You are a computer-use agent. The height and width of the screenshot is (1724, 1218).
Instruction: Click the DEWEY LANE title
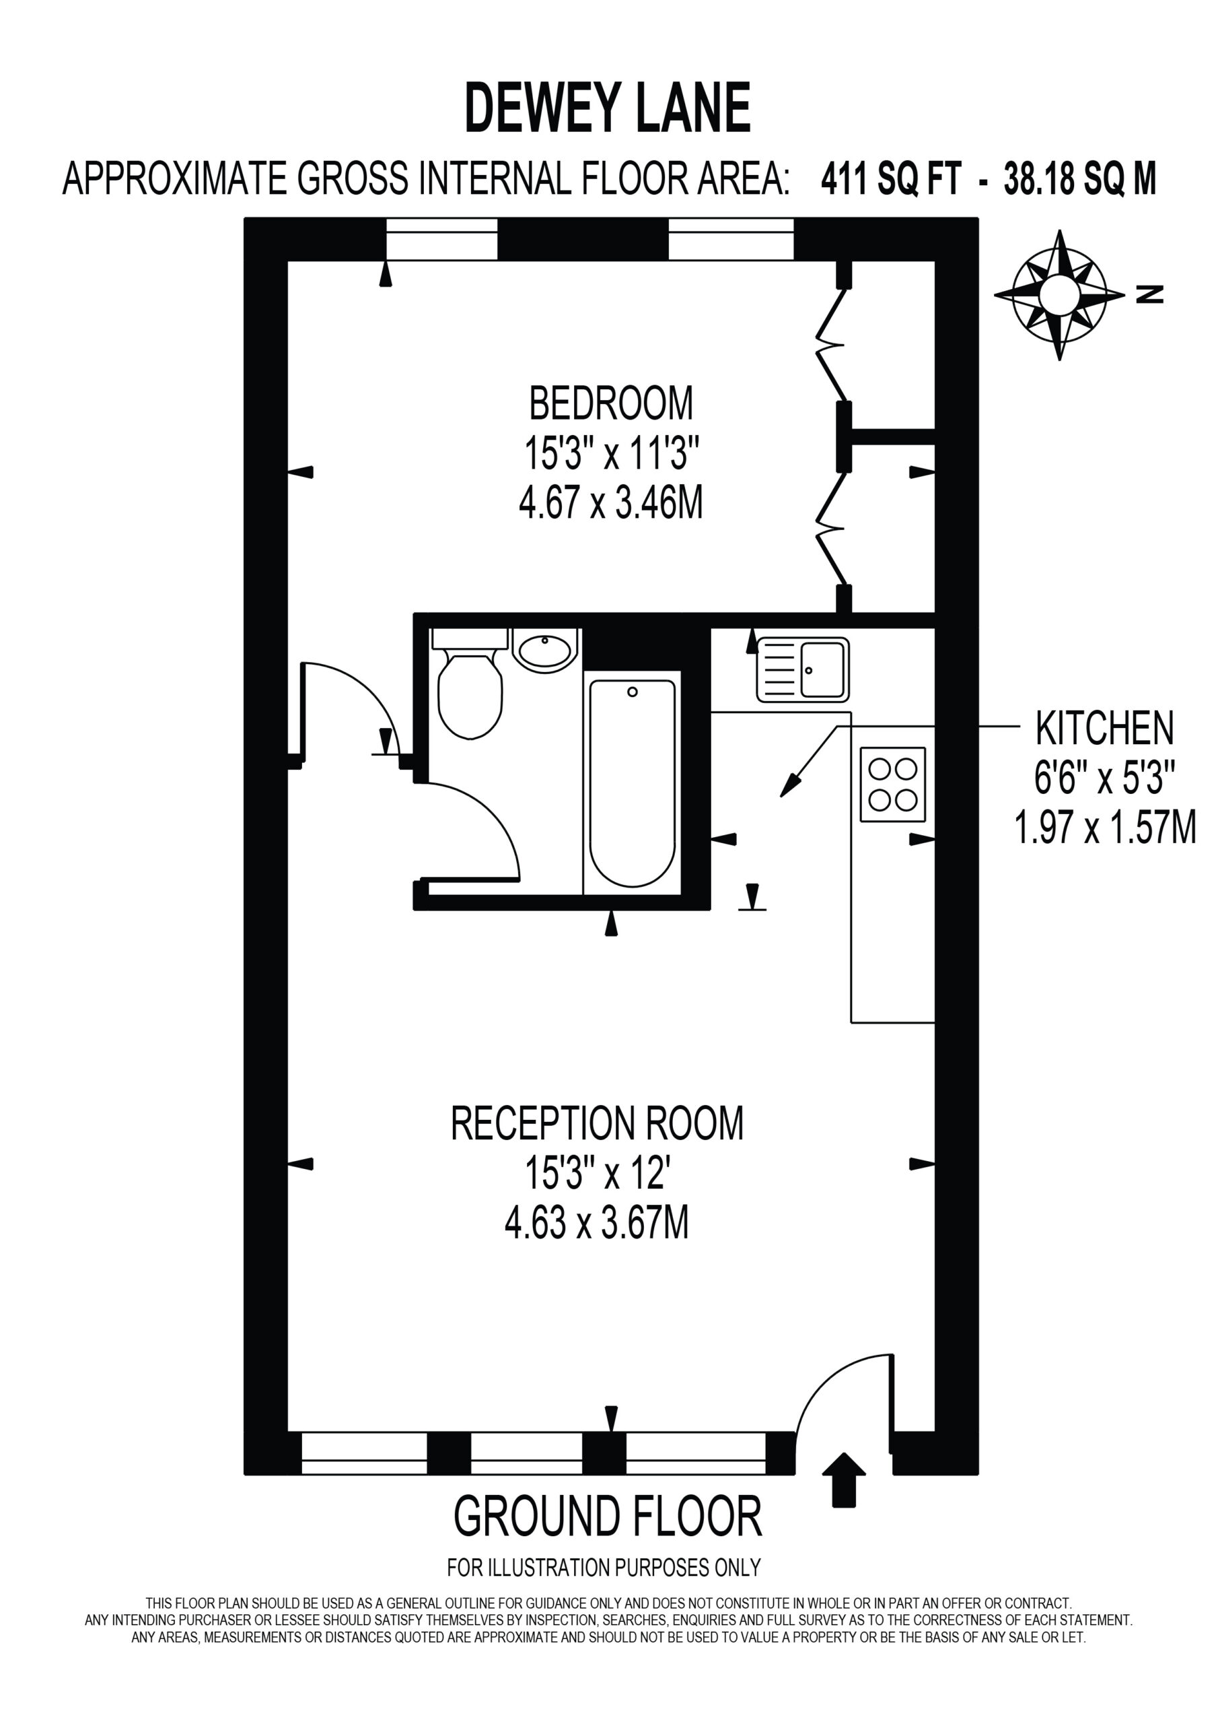pyautogui.click(x=608, y=110)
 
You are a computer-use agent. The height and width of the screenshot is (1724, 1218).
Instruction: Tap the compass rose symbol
pyautogui.click(x=1059, y=295)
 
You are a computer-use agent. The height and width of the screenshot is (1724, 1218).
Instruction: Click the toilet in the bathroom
pyautogui.click(x=470, y=684)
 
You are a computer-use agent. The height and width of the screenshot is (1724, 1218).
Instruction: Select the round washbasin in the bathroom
pyautogui.click(x=545, y=651)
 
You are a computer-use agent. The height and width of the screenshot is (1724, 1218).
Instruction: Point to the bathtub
pyautogui.click(x=632, y=783)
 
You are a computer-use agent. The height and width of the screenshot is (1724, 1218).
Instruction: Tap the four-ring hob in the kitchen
pyautogui.click(x=892, y=784)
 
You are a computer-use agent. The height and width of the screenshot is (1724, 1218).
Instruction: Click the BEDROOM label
pyautogui.click(x=611, y=403)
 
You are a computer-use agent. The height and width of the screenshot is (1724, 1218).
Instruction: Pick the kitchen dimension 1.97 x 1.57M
pyautogui.click(x=1105, y=828)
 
